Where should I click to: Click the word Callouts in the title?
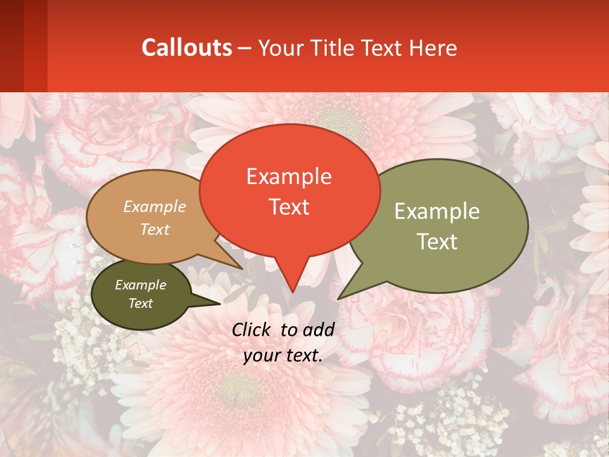[x=187, y=48]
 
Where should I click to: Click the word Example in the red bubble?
[x=289, y=176]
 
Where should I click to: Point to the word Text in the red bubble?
[x=289, y=207]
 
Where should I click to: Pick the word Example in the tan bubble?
[x=155, y=207]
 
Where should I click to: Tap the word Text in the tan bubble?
[x=155, y=229]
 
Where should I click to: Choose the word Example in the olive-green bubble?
[x=437, y=211]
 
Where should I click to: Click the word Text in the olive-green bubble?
[x=437, y=241]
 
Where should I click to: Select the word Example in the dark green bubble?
[x=141, y=285]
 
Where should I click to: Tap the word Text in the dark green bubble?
[x=141, y=303]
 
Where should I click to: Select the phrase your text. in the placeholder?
[x=283, y=355]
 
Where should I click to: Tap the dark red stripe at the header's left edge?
[x=11, y=46]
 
